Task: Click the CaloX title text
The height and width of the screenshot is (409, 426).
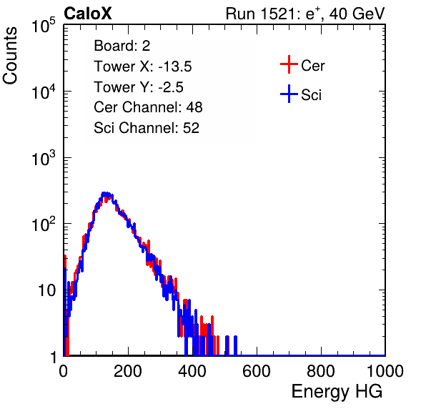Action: click(88, 14)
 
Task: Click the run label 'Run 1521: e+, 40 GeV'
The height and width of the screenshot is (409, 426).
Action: click(305, 14)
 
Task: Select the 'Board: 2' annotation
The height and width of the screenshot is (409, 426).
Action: click(122, 46)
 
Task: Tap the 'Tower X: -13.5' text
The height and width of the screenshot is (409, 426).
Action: click(143, 66)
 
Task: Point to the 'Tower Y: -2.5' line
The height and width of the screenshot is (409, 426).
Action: click(139, 87)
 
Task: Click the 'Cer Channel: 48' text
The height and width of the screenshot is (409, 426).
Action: click(148, 107)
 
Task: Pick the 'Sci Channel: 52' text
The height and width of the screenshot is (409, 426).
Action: click(147, 128)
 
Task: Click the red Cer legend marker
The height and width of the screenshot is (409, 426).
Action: click(289, 64)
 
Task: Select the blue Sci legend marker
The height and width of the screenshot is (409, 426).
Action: click(289, 94)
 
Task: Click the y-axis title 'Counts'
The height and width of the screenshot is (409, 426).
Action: click(10, 56)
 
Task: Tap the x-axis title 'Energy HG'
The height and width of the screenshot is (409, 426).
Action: click(337, 391)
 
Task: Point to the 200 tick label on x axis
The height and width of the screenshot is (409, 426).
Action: click(127, 371)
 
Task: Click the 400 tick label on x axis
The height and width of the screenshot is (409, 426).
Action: click(192, 371)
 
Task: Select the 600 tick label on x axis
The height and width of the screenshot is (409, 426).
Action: click(257, 371)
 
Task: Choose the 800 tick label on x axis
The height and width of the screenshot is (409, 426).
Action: click(321, 371)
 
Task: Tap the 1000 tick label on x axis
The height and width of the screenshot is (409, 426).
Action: click(385, 371)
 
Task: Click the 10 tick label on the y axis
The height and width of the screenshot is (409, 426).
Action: click(46, 290)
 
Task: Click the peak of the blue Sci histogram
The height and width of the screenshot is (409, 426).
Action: click(105, 194)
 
